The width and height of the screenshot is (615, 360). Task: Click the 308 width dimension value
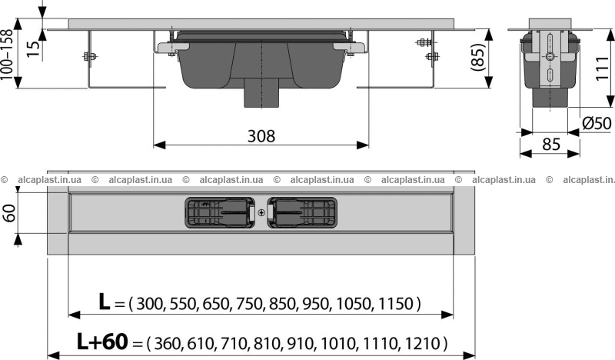(x=261, y=136)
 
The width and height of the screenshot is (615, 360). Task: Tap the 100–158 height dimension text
(x=8, y=55)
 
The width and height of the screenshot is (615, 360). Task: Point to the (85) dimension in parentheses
(x=478, y=58)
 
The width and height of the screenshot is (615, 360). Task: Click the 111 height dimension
(x=602, y=68)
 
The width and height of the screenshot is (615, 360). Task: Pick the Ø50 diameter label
(x=597, y=123)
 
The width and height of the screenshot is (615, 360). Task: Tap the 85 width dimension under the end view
(x=551, y=144)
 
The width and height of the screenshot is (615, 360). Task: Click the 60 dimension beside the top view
(x=9, y=213)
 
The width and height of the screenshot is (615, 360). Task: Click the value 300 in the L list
(x=148, y=304)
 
